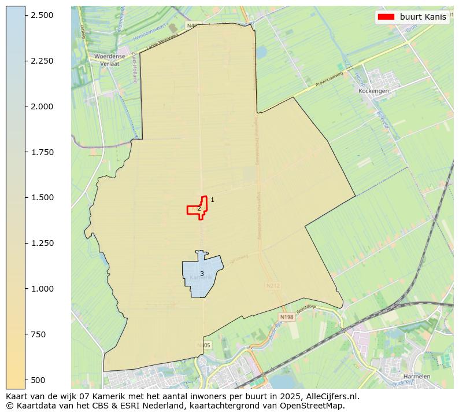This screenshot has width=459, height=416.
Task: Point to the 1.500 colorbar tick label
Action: pos(42,198)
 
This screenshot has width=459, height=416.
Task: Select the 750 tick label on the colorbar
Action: pos(39,334)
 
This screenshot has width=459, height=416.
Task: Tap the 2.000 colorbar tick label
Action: pos(42,106)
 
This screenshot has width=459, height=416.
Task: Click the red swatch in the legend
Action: pos(386,17)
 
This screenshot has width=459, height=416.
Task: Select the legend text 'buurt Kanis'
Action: pos(423,17)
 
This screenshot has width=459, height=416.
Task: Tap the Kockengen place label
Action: pos(373,91)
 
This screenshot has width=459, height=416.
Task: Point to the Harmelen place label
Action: pos(417,376)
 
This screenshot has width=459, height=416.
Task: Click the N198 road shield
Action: pos(286,317)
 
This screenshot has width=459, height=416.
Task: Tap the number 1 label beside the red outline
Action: pos(212,200)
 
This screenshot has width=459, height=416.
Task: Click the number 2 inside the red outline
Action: pos(199,209)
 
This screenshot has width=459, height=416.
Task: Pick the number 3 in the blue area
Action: pos(202,274)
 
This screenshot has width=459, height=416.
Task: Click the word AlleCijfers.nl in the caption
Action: pos(330,397)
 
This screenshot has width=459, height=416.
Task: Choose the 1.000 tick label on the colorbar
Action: pos(42,289)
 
